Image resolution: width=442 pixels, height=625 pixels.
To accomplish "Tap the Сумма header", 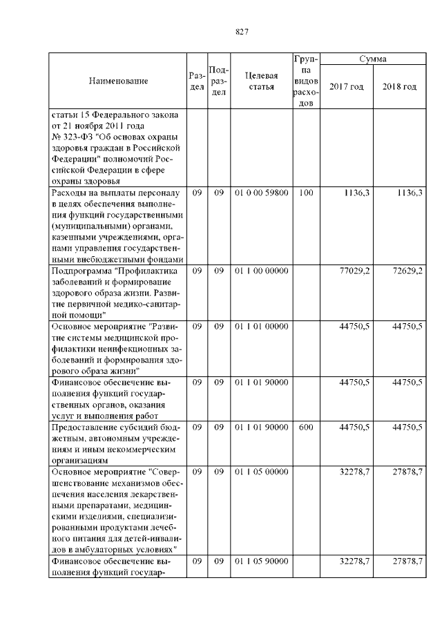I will (x=373, y=60).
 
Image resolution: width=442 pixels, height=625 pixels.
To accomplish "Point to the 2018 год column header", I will (x=399, y=86).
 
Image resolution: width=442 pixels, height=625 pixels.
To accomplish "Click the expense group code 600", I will (x=306, y=427).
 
